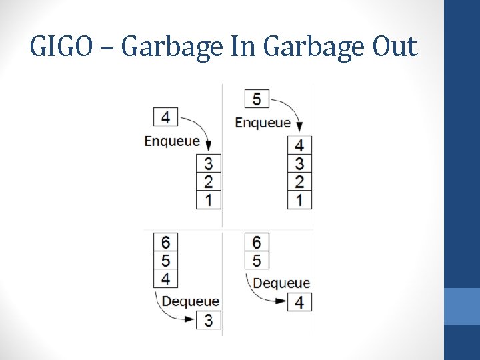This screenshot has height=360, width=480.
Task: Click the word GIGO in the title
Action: pyautogui.click(x=59, y=47)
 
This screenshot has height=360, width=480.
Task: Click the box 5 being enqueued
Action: pyautogui.click(x=257, y=99)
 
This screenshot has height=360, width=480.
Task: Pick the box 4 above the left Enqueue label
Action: pyautogui.click(x=165, y=117)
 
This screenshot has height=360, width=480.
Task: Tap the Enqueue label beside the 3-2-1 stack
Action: pyautogui.click(x=172, y=141)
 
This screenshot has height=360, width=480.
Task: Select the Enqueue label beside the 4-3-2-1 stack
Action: pyautogui.click(x=263, y=123)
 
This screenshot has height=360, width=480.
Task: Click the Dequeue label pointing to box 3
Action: pyautogui.click(x=191, y=301)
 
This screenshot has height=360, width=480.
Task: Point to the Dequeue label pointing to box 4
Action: pyautogui.click(x=281, y=283)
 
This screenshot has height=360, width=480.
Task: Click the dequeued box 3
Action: pyautogui.click(x=208, y=321)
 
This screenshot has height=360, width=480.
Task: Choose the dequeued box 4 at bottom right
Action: pyautogui.click(x=299, y=302)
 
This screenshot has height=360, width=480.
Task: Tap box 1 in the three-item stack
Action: pyautogui.click(x=208, y=199)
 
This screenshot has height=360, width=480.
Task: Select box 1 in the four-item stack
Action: pyautogui.click(x=299, y=199)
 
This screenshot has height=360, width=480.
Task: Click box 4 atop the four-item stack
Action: pyautogui.click(x=299, y=145)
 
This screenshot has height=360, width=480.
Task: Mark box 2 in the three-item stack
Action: pyautogui.click(x=208, y=181)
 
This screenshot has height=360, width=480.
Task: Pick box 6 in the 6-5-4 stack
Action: pyautogui.click(x=165, y=241)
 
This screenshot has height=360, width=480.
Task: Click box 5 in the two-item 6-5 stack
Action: pyautogui.click(x=257, y=260)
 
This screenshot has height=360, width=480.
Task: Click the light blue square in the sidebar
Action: pyautogui.click(x=462, y=306)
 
